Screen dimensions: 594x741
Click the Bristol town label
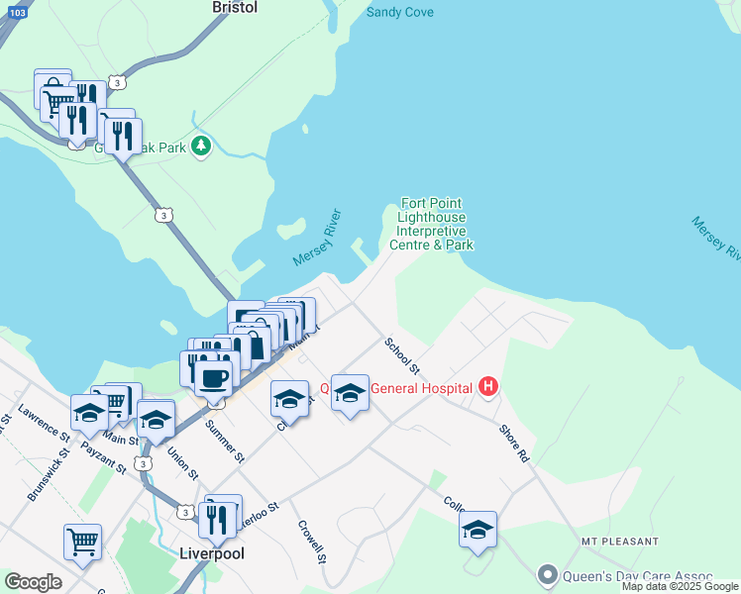(235, 7)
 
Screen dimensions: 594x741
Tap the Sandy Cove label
(399, 13)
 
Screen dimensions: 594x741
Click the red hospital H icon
(487, 387)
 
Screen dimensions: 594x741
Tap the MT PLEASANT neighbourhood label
(620, 542)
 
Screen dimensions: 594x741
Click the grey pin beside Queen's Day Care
(547, 574)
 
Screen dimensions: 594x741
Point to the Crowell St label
(313, 539)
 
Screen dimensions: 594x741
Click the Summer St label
(224, 442)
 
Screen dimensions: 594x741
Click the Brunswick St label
(46, 474)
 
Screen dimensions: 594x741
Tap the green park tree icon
(201, 147)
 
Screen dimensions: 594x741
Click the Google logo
(33, 582)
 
